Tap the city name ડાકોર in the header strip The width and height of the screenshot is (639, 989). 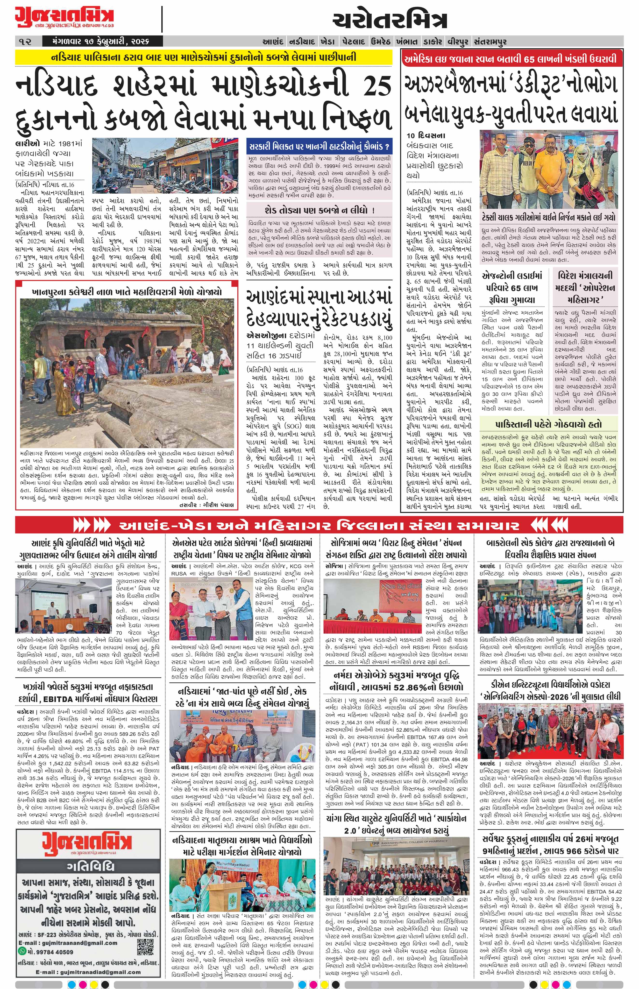[x=433, y=42]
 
